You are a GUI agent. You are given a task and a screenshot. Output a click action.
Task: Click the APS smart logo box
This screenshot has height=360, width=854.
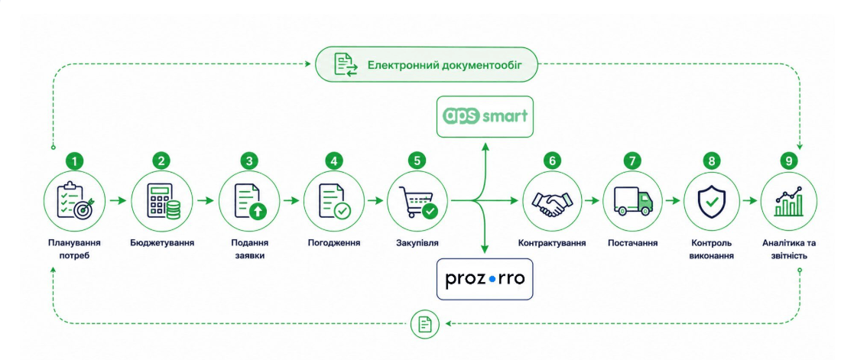485,116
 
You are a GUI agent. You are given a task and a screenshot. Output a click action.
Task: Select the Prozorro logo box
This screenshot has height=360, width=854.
485,280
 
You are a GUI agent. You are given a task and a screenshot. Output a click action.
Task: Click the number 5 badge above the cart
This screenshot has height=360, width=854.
417,161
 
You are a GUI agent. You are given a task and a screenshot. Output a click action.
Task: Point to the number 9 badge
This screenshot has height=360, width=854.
791,161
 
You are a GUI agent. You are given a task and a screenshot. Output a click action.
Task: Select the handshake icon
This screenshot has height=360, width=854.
552,202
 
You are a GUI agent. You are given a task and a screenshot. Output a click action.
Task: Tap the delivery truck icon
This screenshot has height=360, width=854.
633,202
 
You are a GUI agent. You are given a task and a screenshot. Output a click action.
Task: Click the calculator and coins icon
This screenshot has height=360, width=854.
162,202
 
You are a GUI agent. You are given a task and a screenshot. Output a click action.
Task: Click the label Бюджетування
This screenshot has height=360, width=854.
162,243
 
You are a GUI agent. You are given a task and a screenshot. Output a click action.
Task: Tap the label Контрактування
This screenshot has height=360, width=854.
552,243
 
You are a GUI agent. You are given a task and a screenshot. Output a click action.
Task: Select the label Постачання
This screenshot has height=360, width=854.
632,243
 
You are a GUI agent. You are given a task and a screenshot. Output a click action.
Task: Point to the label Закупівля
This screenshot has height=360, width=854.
417,243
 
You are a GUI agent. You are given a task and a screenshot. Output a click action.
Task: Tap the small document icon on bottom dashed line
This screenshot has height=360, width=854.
425,323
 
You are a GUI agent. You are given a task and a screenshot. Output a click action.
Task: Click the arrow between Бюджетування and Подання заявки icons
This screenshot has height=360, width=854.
206,200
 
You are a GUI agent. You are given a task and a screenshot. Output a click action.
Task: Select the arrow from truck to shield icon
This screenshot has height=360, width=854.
672,200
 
